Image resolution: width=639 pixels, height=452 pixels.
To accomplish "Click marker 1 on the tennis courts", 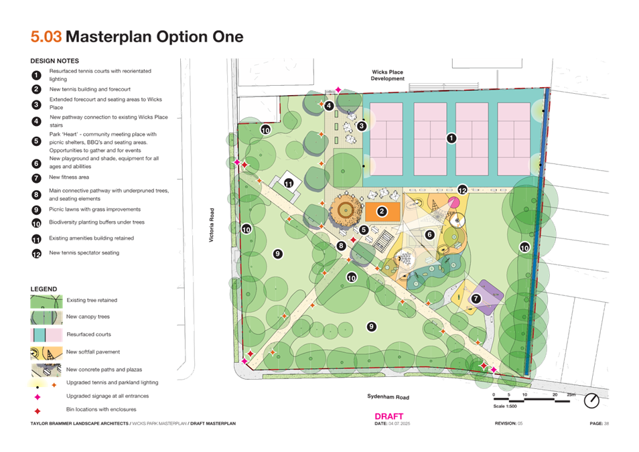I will [451, 139].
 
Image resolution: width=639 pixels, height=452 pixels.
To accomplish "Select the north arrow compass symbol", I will [592, 400].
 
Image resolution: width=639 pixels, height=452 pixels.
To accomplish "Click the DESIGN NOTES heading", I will [55, 61].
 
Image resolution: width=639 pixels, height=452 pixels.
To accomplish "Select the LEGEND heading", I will [44, 288].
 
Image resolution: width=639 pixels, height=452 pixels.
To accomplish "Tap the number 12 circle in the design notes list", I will [36, 254].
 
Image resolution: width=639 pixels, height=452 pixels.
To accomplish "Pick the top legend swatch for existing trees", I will [45, 299].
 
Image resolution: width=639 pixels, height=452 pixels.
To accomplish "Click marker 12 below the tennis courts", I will [461, 190].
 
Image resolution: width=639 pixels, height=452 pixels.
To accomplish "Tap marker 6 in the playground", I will [430, 234].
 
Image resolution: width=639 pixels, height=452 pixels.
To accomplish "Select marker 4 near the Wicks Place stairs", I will [329, 105].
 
